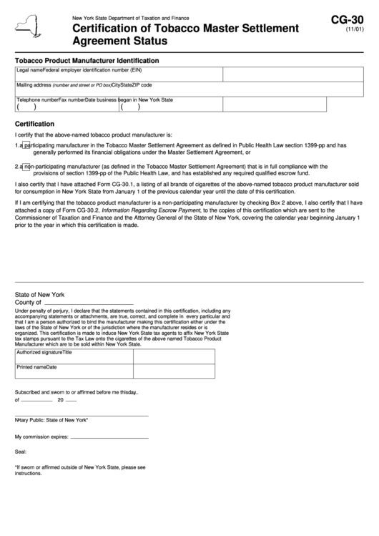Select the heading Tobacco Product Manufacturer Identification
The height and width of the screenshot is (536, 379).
[x=87, y=61]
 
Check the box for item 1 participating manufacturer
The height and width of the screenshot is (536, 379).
[x=26, y=145]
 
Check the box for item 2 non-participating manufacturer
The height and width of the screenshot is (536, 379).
[x=26, y=168]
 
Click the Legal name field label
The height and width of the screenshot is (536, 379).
[x=29, y=70]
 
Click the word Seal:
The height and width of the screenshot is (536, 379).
[x=21, y=452]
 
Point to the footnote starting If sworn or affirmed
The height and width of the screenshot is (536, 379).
[x=80, y=470]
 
